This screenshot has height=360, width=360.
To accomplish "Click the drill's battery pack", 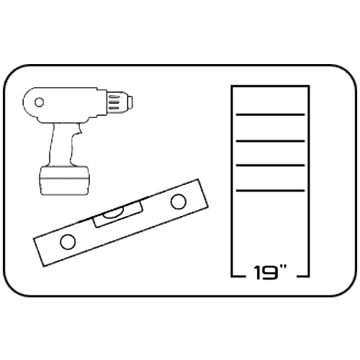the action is click(64, 180).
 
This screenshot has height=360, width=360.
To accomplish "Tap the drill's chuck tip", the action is click(130, 102).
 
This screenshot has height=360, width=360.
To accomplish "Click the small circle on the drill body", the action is click(39, 102).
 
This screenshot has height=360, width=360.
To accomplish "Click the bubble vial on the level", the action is click(113, 212).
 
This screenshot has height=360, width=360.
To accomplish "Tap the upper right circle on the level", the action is click(179, 202).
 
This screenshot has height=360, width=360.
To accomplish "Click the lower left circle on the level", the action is click(68, 241).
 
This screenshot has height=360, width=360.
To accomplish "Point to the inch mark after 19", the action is click(283, 268).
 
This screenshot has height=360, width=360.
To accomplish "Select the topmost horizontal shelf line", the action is click(270, 114).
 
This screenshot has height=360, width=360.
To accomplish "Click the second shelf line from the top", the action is click(270, 141).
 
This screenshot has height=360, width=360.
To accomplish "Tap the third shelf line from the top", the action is click(270, 165).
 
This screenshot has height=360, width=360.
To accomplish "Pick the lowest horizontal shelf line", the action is click(270, 191).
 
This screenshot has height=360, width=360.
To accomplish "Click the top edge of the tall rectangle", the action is click(270, 86).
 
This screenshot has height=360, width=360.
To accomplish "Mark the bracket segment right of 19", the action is click(303, 276).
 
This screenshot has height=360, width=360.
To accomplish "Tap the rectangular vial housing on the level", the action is click(118, 215).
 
